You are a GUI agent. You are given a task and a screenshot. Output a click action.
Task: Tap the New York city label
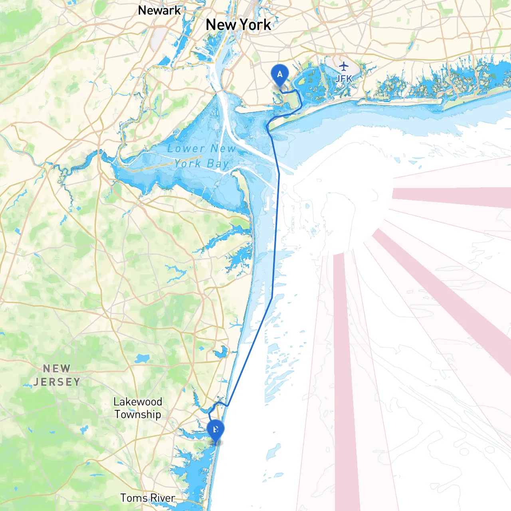tap(238, 25)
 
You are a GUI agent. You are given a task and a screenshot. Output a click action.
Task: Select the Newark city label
tap(159, 10)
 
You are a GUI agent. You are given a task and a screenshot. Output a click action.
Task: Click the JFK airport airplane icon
tap(343, 66)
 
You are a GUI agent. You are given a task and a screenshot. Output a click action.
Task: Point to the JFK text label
tap(344, 79)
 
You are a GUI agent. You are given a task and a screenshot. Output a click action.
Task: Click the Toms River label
tap(148, 498)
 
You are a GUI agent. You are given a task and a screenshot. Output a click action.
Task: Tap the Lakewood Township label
tap(138, 408)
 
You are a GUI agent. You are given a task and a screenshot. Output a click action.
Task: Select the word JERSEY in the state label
tap(57, 382)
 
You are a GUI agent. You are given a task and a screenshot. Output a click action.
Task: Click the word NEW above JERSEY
tap(57, 368)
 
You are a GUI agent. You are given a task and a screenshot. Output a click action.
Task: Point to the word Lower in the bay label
tap(186, 149)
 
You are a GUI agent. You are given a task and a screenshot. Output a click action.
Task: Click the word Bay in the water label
tap(218, 164)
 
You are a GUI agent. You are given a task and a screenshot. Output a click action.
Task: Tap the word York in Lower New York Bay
tap(188, 164)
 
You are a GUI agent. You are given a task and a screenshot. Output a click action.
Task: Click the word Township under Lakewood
tap(138, 414)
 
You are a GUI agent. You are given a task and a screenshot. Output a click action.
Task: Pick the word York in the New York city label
tap(255, 25)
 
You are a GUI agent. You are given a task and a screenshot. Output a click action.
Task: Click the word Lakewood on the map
tap(138, 402)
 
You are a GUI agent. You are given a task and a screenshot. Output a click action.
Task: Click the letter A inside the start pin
tap(279, 74)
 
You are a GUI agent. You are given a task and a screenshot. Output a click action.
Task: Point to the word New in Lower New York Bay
tap(223, 149)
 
